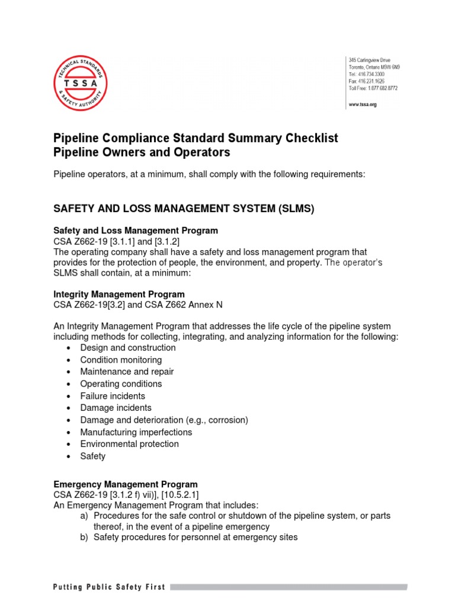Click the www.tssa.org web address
point(363,104)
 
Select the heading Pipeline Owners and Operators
point(142,152)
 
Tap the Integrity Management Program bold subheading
point(119,294)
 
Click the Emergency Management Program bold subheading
point(126,484)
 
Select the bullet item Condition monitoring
point(121,360)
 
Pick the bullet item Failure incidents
point(113,396)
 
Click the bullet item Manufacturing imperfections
point(136,432)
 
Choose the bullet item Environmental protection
point(129,444)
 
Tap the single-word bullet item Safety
point(93,456)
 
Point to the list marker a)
point(84,516)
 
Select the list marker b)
point(84,537)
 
